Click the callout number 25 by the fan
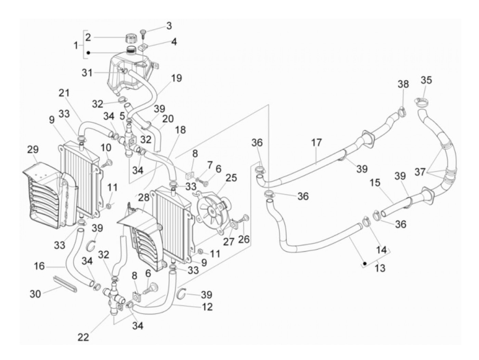coord(231,178)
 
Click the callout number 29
coord(33,150)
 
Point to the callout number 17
coord(316,142)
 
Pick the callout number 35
coord(426,80)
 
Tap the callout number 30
coord(35,294)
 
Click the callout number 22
coord(83,337)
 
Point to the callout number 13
coord(380,268)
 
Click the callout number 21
coord(64,93)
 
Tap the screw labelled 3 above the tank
coord(143,33)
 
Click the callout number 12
coord(207,307)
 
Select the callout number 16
coord(39,266)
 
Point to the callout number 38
coord(403,84)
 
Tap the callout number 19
coord(177,78)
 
